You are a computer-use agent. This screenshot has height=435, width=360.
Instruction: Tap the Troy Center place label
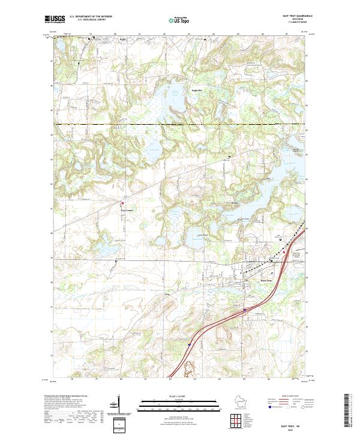pos(124,210)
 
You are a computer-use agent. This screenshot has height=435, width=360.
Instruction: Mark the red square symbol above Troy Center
pos(124,203)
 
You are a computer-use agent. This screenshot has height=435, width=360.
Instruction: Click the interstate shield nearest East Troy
pos(244,310)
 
